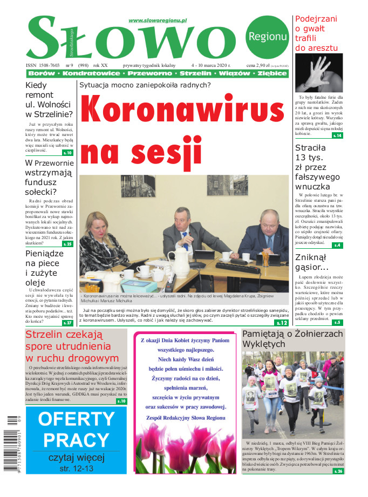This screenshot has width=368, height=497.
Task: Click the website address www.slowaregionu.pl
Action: (x=158, y=21)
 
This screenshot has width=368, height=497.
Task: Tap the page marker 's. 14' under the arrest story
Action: (x=337, y=135)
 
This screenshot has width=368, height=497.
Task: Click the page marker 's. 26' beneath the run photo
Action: (x=338, y=471)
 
